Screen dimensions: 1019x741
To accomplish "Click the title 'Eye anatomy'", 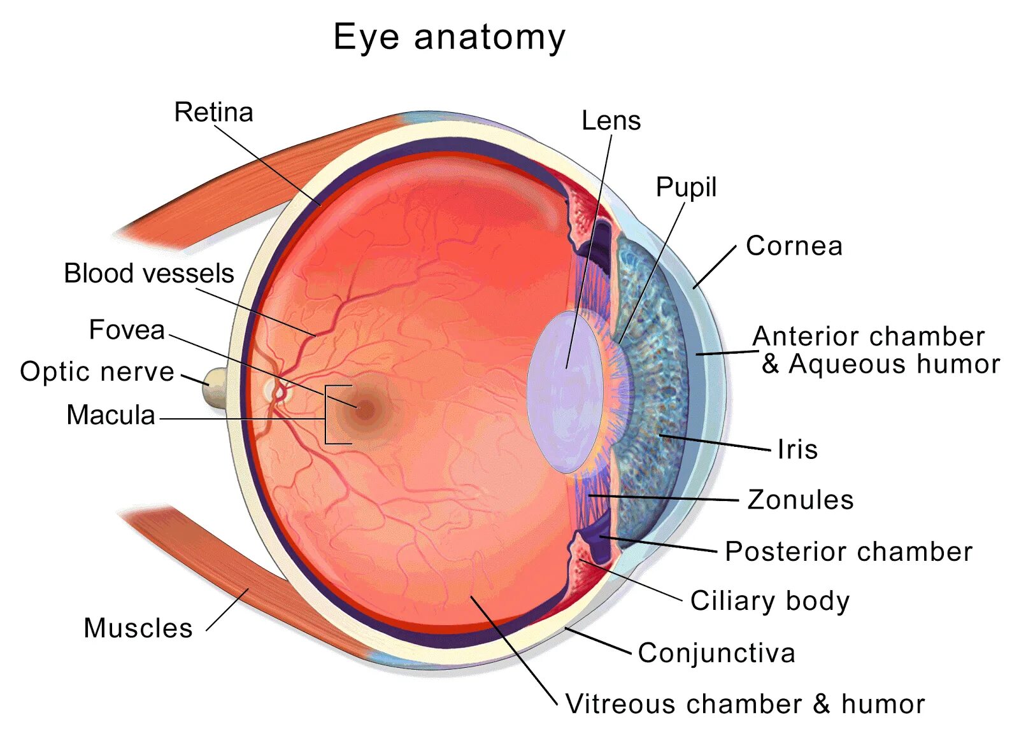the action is [x=449, y=37].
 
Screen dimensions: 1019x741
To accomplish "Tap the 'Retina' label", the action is [x=213, y=113].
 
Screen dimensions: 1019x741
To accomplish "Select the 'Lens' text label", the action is [x=611, y=120].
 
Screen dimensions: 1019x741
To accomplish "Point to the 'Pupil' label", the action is [x=686, y=187].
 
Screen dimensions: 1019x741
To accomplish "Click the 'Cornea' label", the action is [x=794, y=246].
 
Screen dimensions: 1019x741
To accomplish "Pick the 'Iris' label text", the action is [x=797, y=449].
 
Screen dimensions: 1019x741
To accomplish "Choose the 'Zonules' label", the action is [x=800, y=500].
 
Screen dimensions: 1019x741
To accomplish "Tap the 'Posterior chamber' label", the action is [x=848, y=551].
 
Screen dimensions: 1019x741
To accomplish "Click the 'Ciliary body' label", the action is [x=769, y=601].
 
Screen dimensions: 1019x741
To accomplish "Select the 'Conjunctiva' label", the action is [x=716, y=653].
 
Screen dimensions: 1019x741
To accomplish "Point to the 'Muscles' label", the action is [x=138, y=628].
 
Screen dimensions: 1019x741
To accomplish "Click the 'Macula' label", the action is [x=111, y=415].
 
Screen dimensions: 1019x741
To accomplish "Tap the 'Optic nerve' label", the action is [x=97, y=372].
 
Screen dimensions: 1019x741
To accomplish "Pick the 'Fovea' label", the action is [x=127, y=330].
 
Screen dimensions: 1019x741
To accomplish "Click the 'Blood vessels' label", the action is [x=149, y=274].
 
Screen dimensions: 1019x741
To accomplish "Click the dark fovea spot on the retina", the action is [x=365, y=411].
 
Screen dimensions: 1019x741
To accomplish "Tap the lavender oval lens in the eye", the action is [x=564, y=392].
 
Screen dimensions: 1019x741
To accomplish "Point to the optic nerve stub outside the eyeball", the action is [x=215, y=388].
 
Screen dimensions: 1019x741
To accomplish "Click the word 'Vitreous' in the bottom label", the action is [x=620, y=704].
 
